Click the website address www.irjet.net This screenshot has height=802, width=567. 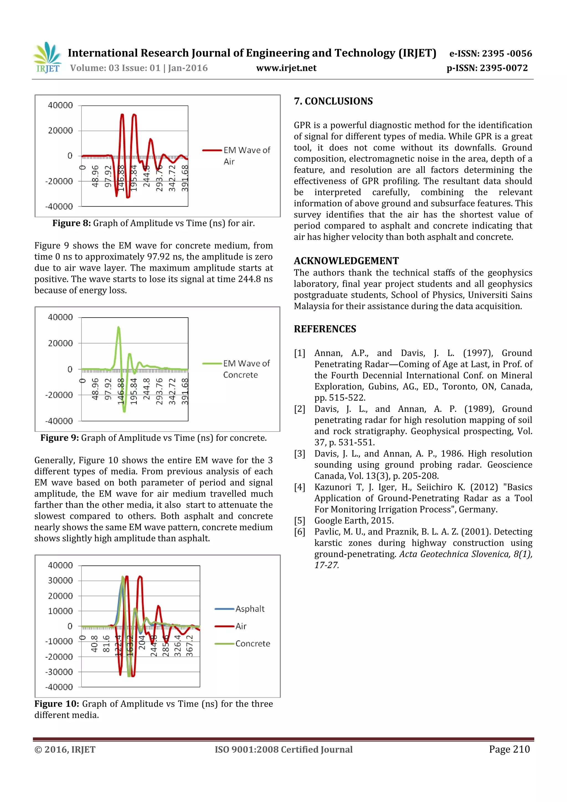[x=286, y=68]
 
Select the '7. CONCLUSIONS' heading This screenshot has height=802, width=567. [x=333, y=101]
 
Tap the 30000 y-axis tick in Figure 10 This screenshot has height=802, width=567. [x=60, y=580]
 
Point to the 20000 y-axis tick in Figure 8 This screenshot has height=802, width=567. [x=60, y=130]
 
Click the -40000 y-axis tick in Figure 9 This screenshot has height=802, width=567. [x=59, y=421]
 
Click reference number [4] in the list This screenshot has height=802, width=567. [x=299, y=487]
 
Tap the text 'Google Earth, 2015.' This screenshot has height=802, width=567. [x=354, y=520]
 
